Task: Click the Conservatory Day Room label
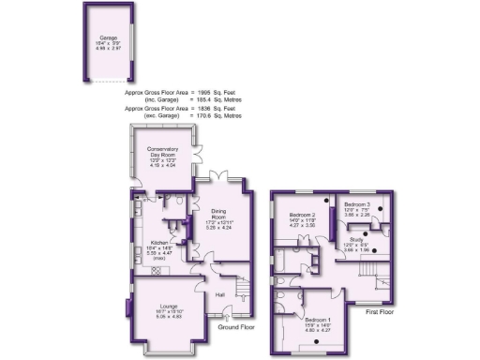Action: (162, 151)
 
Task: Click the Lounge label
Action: (169, 307)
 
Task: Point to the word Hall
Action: (220, 295)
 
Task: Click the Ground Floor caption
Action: (236, 328)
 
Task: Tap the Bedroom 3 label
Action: (357, 204)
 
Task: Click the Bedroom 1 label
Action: (318, 321)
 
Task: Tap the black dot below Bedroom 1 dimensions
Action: (319, 339)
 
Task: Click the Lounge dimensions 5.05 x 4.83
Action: (169, 318)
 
